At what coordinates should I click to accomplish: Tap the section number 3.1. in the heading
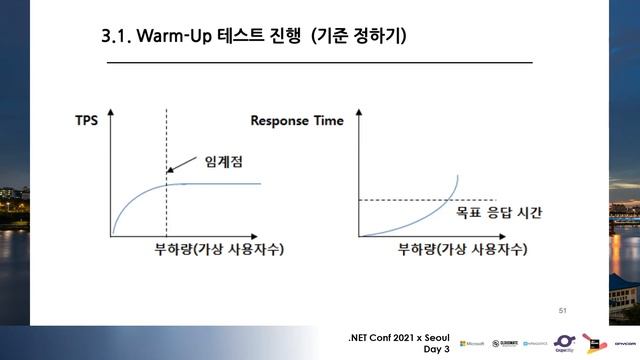pos(120,38)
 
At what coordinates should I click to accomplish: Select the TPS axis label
pos(87,120)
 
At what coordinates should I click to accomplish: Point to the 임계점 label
pos(225,161)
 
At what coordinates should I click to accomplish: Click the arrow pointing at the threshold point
pos(182,172)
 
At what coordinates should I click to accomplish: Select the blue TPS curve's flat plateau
pos(220,184)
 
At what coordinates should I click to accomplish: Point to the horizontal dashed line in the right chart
pos(400,200)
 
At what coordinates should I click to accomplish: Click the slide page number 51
pos(562,314)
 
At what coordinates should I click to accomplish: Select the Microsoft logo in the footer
pos(472,343)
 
